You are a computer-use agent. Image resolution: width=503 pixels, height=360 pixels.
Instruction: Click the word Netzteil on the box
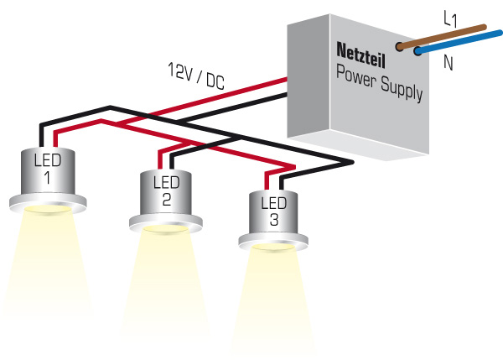tap(360, 55)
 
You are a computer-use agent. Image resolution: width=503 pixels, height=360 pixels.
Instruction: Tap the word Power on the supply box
tap(355, 76)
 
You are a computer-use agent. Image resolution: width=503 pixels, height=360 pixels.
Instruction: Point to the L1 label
tap(450, 18)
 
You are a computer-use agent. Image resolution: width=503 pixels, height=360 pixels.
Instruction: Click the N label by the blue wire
tap(449, 63)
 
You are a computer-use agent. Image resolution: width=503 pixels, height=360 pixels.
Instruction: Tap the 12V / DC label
tap(196, 76)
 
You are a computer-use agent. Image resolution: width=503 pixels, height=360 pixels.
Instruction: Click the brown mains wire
tap(442, 37)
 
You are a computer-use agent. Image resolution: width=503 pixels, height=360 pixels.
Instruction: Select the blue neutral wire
tap(459, 42)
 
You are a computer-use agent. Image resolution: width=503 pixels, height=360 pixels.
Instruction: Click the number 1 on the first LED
tap(47, 177)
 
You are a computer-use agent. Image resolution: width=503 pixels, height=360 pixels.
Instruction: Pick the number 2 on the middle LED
tap(167, 199)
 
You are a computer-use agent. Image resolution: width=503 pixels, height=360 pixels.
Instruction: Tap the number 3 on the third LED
tap(274, 220)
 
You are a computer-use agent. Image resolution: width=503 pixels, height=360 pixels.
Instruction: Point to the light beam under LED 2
tap(165, 283)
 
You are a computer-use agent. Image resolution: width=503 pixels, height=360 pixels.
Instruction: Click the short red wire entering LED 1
tap(55, 140)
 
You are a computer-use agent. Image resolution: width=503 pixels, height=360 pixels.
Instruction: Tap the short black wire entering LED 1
tap(41, 136)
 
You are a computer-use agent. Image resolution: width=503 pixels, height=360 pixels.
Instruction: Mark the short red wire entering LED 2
tap(160, 160)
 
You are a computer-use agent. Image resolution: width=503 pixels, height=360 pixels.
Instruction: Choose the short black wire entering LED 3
tap(282, 183)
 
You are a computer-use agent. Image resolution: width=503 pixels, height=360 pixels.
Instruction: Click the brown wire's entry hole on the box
tap(400, 46)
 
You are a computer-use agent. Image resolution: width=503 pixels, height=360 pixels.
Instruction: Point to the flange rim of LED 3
tap(273, 241)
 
